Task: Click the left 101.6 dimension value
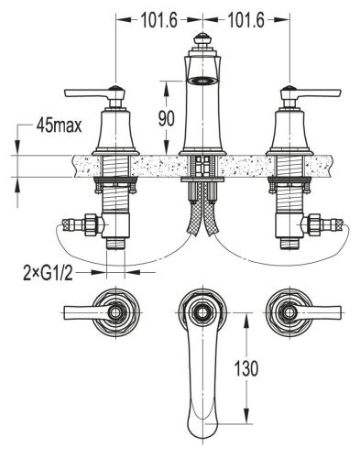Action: click(158, 21)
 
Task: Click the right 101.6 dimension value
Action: click(245, 21)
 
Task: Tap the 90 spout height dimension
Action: click(167, 118)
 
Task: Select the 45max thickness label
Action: click(60, 125)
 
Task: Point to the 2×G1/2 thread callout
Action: click(49, 273)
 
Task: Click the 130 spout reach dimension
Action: click(246, 368)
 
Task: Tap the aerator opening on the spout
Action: click(202, 81)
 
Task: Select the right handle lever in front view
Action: click(319, 93)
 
